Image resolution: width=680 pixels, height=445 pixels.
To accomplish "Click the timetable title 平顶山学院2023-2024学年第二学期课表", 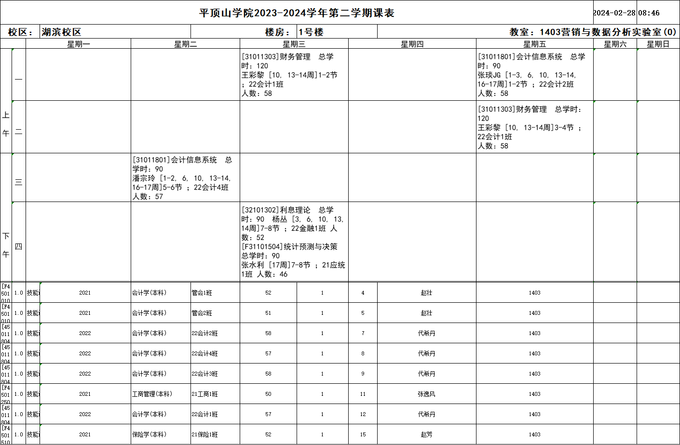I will click(297, 13).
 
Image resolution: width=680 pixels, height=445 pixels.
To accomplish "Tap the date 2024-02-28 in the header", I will click(614, 13).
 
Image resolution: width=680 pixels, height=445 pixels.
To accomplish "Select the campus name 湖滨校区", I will click(61, 32).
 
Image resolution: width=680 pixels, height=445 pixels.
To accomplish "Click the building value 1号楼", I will click(311, 32).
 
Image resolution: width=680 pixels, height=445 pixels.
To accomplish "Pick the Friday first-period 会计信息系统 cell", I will click(534, 75).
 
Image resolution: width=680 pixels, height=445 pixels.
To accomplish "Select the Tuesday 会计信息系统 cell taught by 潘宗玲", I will click(185, 178).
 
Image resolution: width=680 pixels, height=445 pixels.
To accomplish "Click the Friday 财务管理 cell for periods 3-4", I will click(534, 127).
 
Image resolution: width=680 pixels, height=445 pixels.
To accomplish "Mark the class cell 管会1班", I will click(202, 293).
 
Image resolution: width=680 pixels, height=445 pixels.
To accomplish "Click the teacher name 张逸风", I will click(426, 394).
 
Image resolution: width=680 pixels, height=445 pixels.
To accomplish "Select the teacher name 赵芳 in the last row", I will click(426, 434).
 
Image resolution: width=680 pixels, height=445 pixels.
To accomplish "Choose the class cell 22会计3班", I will click(205, 374).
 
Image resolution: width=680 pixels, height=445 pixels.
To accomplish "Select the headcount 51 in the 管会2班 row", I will click(268, 313).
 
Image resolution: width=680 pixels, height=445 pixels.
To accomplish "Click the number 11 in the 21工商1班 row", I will click(363, 394).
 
